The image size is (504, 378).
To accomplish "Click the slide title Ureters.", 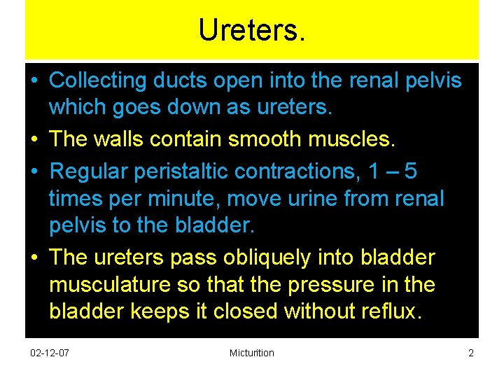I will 252,30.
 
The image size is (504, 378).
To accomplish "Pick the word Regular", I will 92,170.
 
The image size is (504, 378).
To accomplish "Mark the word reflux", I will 388,311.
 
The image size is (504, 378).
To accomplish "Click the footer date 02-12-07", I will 50,353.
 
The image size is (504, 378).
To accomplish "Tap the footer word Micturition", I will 251,353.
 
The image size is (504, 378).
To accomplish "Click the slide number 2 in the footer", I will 470,353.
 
